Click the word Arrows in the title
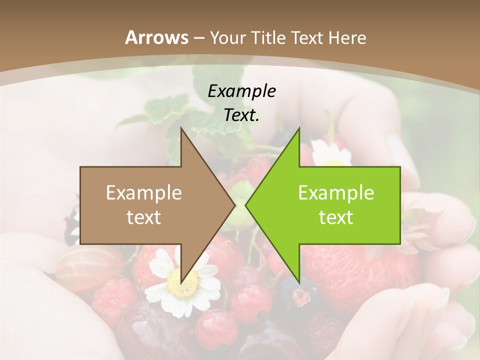pyautogui.click(x=157, y=37)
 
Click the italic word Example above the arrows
pyautogui.click(x=241, y=91)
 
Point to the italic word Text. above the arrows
pyautogui.click(x=241, y=115)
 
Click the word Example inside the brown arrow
pyautogui.click(x=144, y=193)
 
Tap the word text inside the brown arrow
pyautogui.click(x=144, y=217)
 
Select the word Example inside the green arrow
pyautogui.click(x=336, y=193)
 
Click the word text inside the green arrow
pyautogui.click(x=336, y=217)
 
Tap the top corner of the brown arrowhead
pyautogui.click(x=181, y=128)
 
